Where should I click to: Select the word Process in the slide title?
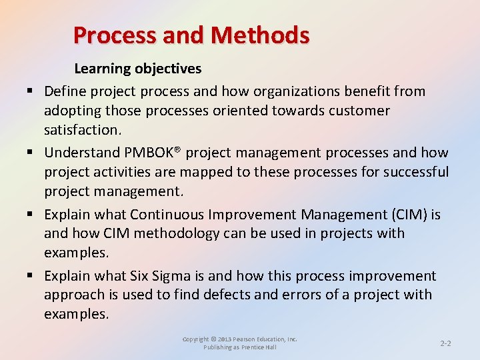click(x=108, y=35)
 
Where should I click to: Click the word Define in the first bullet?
click(x=65, y=91)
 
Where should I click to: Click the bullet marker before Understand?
click(x=31, y=153)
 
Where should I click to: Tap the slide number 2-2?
click(x=446, y=343)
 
